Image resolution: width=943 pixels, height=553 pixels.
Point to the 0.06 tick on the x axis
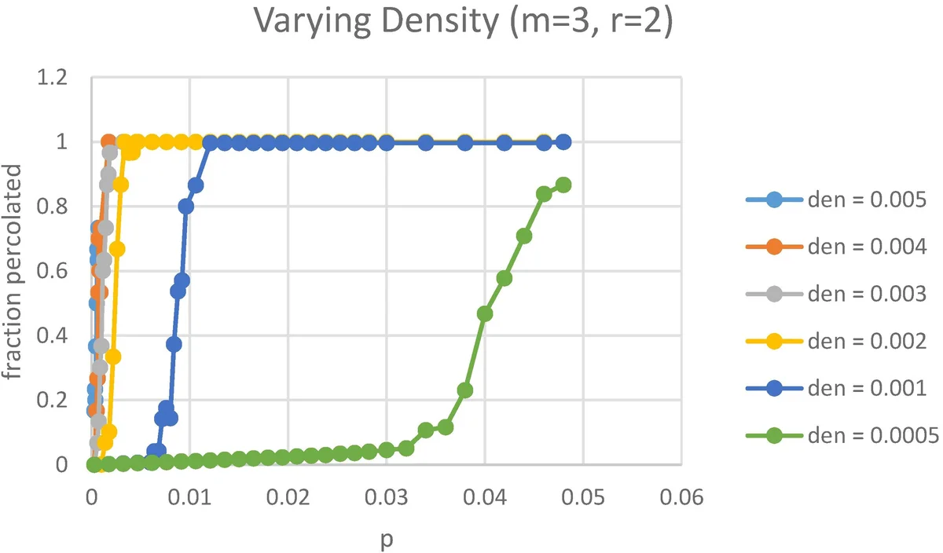681,496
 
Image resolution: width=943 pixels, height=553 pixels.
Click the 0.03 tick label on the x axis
386,496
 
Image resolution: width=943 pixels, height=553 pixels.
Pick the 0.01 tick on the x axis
189,496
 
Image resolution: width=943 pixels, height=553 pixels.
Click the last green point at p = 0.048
563,185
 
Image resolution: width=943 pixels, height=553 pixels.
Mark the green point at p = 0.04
485,313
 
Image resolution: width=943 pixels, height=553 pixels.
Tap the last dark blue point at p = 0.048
563,142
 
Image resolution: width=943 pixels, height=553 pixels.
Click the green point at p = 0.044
524,236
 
